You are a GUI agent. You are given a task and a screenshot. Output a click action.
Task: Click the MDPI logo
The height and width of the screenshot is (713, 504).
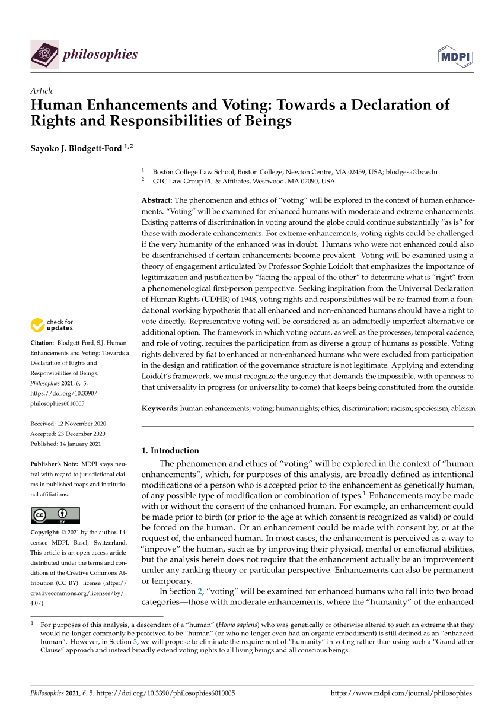tap(455, 56)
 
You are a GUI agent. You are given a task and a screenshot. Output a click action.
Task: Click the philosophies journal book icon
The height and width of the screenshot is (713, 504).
tap(44, 55)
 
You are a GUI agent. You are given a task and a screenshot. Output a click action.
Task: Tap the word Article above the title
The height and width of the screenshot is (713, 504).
tap(42, 91)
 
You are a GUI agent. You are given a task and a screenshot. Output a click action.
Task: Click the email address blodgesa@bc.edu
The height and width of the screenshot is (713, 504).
tap(412, 172)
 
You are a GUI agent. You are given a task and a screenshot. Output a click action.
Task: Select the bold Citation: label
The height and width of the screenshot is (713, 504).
tap(45, 343)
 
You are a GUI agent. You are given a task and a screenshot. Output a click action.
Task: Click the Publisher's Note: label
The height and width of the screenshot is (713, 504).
tap(55, 464)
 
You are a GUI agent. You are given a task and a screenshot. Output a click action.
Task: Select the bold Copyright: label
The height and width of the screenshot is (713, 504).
tap(49, 533)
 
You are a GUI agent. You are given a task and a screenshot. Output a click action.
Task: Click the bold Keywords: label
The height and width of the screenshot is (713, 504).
tap(160, 409)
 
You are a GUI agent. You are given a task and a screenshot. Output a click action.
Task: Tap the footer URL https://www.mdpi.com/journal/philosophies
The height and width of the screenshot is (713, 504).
tap(401, 692)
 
